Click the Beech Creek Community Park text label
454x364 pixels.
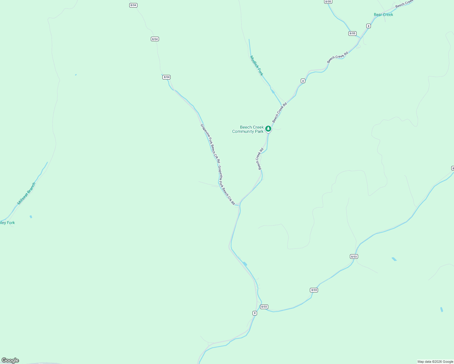click(x=248, y=130)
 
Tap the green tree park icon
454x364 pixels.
click(x=268, y=129)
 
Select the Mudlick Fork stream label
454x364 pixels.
click(x=256, y=66)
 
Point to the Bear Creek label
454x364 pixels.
click(x=383, y=15)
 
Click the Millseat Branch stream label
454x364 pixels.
click(x=26, y=194)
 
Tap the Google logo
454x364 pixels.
click(x=10, y=360)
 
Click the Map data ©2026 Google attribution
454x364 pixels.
click(x=435, y=362)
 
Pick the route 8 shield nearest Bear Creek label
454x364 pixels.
click(x=368, y=26)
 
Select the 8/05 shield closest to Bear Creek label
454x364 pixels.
click(x=352, y=33)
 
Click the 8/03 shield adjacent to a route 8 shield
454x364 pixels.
click(x=264, y=307)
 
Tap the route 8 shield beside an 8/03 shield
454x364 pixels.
click(x=255, y=313)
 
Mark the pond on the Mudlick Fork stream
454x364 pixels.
click(x=273, y=91)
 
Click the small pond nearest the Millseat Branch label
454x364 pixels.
click(x=31, y=217)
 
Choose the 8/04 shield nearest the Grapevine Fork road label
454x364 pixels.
click(x=166, y=77)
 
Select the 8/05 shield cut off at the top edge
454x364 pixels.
click(x=328, y=2)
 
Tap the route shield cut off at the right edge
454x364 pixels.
click(x=452, y=168)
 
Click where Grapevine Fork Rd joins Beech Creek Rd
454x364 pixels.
click(x=239, y=205)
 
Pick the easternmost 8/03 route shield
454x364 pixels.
click(x=354, y=256)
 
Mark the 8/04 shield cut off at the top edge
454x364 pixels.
click(x=133, y=5)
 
